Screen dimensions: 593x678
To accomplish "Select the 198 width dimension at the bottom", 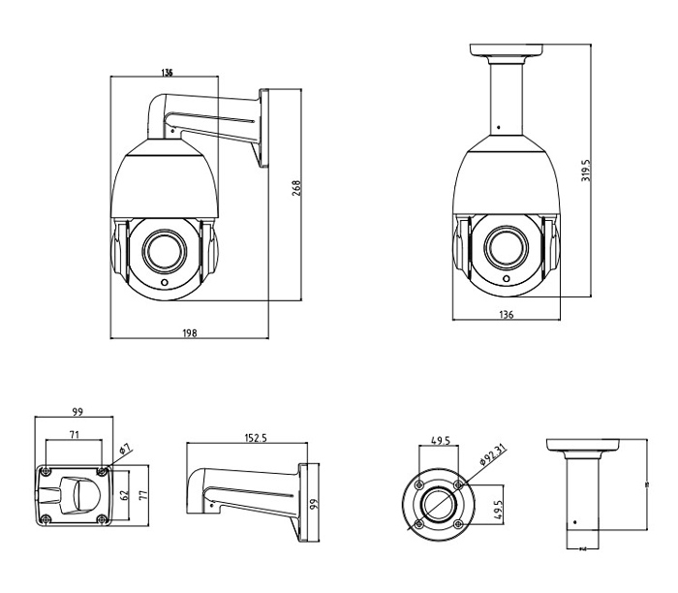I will pos(189,332).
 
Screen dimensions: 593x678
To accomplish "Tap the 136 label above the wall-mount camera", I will pos(168,74).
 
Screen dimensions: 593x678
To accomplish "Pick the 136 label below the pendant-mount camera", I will pos(506,314).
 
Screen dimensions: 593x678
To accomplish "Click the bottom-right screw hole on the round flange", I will pos(458,524).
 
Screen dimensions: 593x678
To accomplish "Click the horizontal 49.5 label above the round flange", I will pos(441,440).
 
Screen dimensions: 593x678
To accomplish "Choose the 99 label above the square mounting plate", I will pos(77,412).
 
